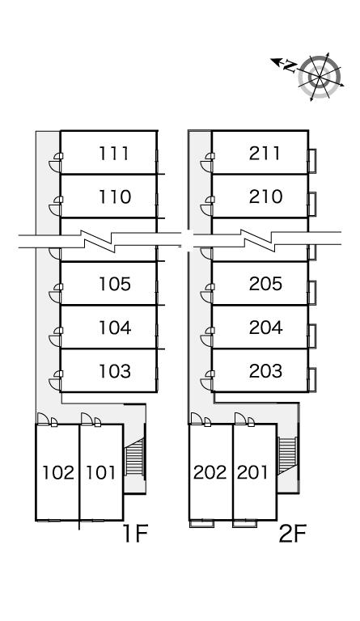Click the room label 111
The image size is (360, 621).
pos(114,154)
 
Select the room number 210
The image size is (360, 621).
pos(265,196)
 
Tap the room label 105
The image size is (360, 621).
pos(114,284)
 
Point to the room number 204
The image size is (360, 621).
pos(265,327)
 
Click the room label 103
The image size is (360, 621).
pos(114,371)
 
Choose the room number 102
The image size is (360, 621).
pos(58,472)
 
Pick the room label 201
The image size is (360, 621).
pos(252,472)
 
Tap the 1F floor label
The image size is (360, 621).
pos(135,533)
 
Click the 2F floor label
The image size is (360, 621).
pos(293,533)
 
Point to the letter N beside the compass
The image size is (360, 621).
pos(290,66)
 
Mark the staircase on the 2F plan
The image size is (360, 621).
pos(287,455)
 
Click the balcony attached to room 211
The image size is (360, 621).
pos(312,161)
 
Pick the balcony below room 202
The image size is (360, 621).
pos(202,524)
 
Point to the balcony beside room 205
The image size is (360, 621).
pos(312,293)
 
